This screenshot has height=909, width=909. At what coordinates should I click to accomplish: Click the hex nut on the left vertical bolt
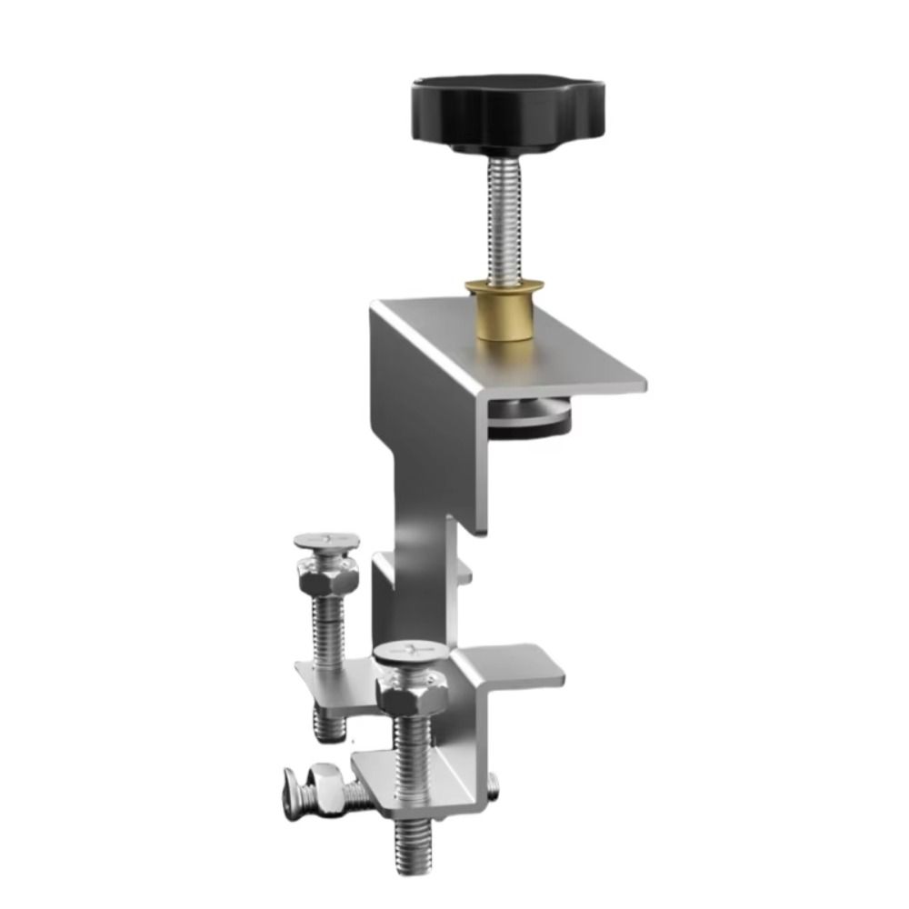(326, 576)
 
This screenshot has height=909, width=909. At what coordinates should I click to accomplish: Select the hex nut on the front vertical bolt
(411, 694)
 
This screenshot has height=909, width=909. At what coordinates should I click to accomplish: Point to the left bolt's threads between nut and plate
(326, 627)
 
